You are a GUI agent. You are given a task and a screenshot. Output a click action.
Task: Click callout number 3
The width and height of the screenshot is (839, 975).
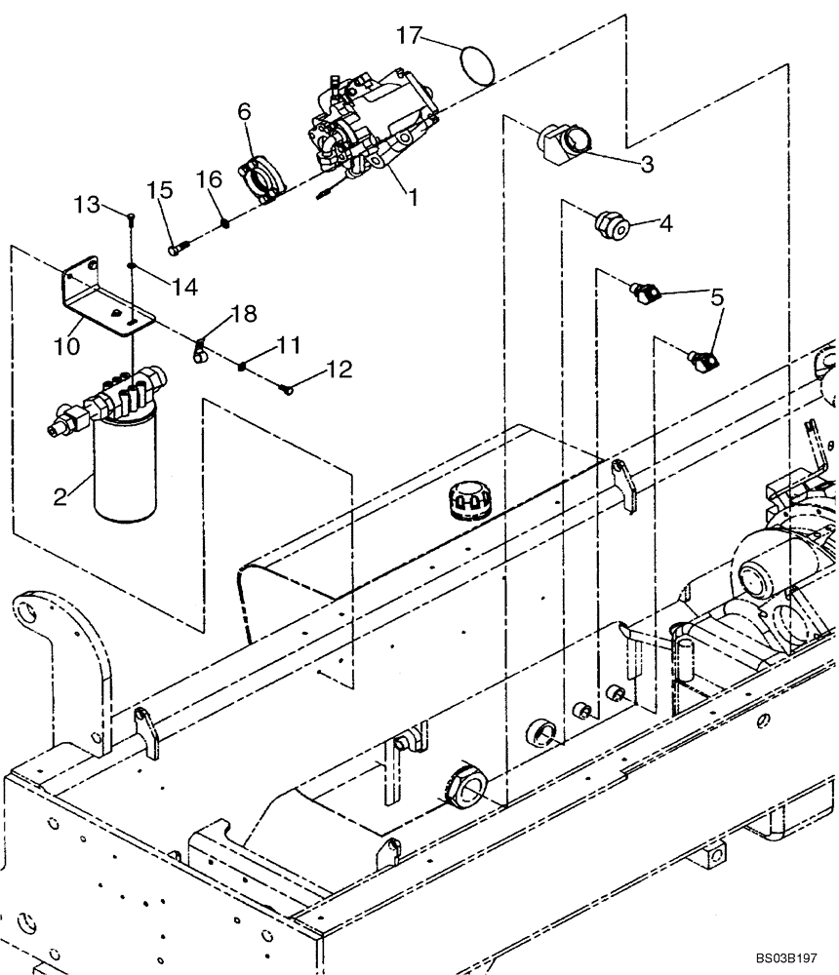[646, 164]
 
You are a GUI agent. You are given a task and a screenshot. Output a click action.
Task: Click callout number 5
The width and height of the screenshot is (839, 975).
[717, 296]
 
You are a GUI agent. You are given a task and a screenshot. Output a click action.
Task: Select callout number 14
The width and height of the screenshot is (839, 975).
[184, 286]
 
